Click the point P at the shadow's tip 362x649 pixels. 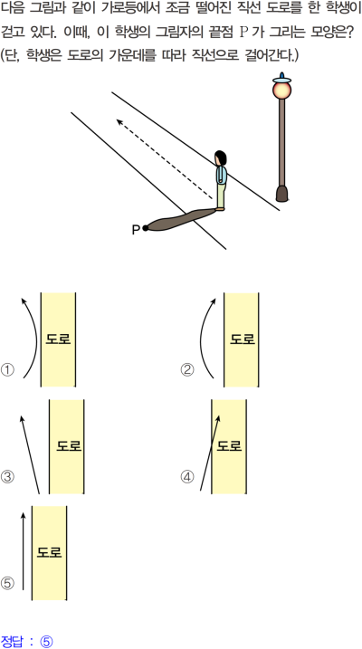click(x=145, y=227)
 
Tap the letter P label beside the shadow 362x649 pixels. click(x=136, y=230)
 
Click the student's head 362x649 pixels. click(x=221, y=158)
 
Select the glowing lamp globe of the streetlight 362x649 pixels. click(x=281, y=90)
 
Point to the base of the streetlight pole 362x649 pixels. click(x=281, y=194)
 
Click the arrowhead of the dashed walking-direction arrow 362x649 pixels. click(x=120, y=122)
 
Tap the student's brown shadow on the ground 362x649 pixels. click(x=181, y=218)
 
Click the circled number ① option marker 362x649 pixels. click(x=7, y=370)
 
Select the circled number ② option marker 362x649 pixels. click(x=187, y=370)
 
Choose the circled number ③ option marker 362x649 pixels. click(x=7, y=477)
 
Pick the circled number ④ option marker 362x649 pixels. click(x=187, y=477)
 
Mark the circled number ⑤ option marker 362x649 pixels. click(x=7, y=584)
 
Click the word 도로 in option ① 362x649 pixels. click(x=58, y=339)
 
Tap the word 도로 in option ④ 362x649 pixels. click(x=229, y=445)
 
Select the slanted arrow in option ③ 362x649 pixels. click(x=30, y=454)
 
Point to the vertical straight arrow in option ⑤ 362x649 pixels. click(x=24, y=551)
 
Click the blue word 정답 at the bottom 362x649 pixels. click(x=12, y=641)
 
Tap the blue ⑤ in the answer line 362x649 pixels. click(x=46, y=641)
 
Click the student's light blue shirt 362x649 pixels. click(x=221, y=175)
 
